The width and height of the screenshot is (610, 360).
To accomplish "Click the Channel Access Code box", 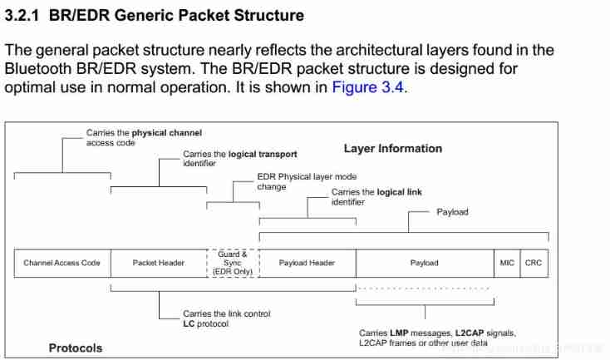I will coord(62,263).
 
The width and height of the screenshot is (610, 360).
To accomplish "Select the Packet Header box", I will coord(159,263).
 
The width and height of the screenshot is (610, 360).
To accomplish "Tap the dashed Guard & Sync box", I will coord(234,263).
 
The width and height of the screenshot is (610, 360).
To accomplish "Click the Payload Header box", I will coord(307,263).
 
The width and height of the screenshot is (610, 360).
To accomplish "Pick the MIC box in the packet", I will coord(507,263).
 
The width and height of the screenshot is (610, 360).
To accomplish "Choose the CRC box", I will coord(534,263).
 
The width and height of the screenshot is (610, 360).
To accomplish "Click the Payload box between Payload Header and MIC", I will coord(424,263).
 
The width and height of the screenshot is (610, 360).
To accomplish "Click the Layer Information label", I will coord(393,149).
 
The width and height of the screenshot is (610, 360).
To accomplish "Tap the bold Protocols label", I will coord(76,348).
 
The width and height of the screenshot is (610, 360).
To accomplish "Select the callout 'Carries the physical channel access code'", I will coord(144,137).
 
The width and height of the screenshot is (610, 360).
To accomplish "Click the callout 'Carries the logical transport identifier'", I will coord(239,159).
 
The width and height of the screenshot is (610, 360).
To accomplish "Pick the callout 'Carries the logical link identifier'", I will coord(376,197).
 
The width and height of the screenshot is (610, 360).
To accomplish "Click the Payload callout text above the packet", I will coord(452,212).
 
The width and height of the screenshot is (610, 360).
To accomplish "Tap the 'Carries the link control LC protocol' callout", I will coord(226,318).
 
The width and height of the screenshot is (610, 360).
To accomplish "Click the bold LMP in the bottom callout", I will coord(401,333).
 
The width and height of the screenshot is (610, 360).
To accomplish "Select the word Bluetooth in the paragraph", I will coord(38,69).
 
